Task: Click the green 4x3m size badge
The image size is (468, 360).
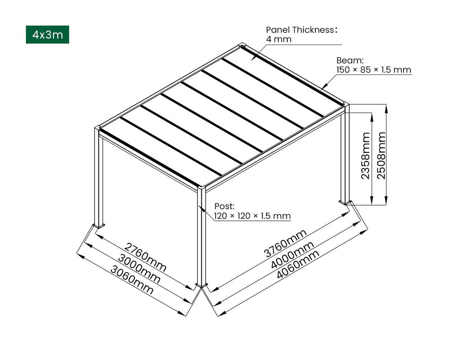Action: click(47, 35)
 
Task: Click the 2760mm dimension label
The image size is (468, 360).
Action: click(145, 257)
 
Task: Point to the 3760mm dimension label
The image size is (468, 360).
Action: click(286, 243)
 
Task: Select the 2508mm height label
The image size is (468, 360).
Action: click(381, 156)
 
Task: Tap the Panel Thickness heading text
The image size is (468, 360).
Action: click(301, 30)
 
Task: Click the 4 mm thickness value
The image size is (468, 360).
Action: click(279, 39)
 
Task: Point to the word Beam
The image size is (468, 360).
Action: click(350, 61)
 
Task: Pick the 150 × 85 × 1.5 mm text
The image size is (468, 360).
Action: click(374, 70)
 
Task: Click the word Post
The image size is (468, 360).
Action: click(224, 206)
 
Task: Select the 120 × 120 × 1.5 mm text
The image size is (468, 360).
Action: click(252, 216)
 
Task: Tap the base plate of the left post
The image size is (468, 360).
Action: click(99, 225)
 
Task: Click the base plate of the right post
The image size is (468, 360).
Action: click(346, 201)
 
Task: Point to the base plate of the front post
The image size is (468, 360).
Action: click(201, 285)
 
